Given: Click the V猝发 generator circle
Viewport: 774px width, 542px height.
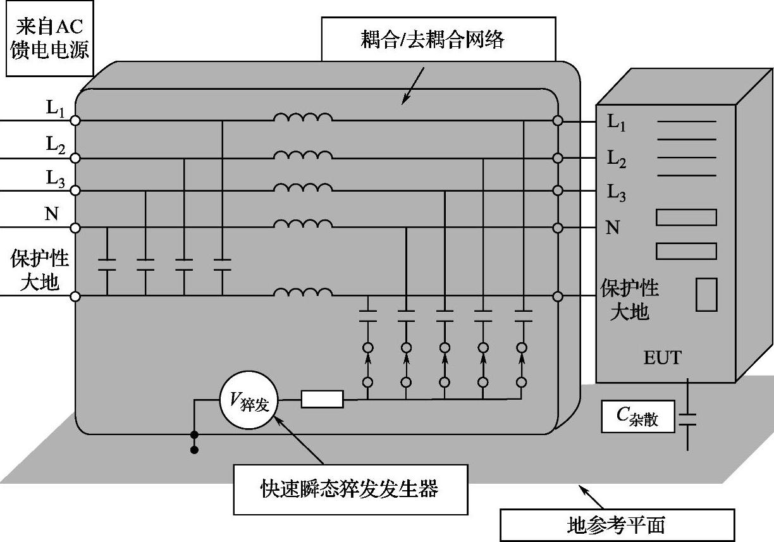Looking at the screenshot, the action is click(x=249, y=400).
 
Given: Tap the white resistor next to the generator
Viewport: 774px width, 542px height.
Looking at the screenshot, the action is click(x=322, y=399).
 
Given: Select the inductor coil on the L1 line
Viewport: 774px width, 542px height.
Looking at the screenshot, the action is click(x=303, y=117).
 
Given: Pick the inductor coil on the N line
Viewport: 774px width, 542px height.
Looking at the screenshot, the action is click(x=303, y=224).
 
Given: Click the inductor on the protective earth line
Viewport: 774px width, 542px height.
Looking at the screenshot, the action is click(x=303, y=292).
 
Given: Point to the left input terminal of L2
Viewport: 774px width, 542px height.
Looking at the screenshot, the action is click(x=75, y=158).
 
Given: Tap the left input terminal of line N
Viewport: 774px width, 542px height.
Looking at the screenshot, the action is click(x=75, y=228).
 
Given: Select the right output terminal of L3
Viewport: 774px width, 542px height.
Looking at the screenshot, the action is click(x=557, y=190).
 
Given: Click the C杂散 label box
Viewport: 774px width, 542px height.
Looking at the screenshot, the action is click(x=638, y=417).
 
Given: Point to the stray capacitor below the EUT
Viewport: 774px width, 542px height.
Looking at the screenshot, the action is click(x=687, y=419).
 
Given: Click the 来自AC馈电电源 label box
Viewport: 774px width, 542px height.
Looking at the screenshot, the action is click(x=50, y=39).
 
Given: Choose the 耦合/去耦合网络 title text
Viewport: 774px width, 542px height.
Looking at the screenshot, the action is click(x=433, y=39).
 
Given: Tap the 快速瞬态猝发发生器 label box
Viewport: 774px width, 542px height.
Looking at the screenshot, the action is click(x=351, y=490).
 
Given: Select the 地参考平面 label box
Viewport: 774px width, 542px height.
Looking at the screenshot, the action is click(x=617, y=526).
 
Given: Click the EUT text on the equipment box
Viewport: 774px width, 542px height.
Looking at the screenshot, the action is click(x=663, y=358).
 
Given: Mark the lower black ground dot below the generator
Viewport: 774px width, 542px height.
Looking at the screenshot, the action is click(x=195, y=450).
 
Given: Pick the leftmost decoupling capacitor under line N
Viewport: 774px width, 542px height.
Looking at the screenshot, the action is click(x=107, y=264).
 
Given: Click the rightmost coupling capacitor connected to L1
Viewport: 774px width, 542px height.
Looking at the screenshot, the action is click(x=524, y=316).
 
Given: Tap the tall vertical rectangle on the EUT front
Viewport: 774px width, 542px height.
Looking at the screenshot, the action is click(x=706, y=295).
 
